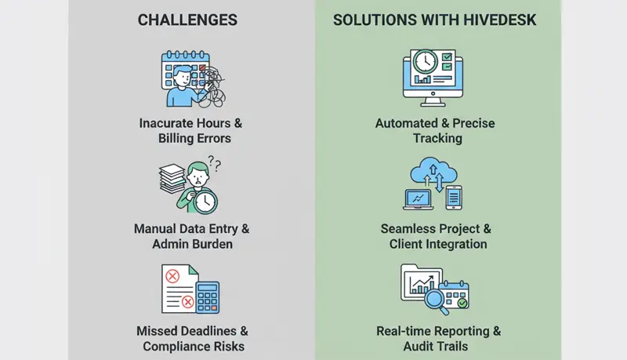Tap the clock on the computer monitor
424,62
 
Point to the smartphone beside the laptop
454,197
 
